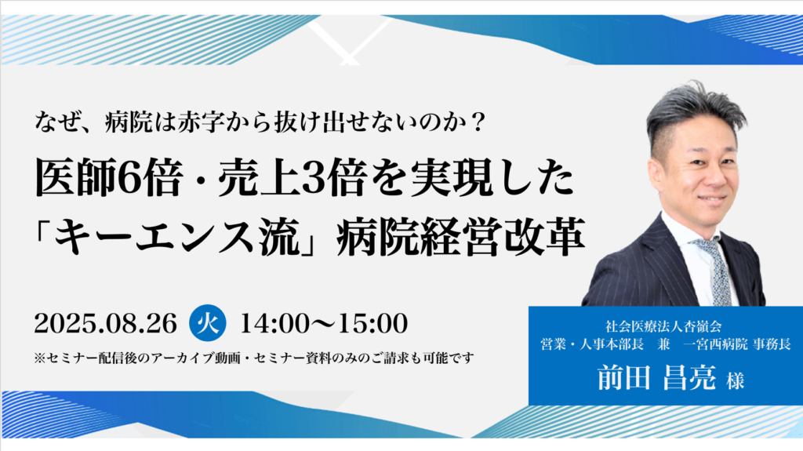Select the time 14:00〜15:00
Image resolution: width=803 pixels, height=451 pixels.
pyautogui.click(x=324, y=322)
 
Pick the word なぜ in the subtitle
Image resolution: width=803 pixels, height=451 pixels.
pyautogui.click(x=54, y=122)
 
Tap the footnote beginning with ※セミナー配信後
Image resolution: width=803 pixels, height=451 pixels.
pyautogui.click(x=254, y=358)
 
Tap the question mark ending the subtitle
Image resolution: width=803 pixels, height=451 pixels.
pyautogui.click(x=486, y=122)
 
